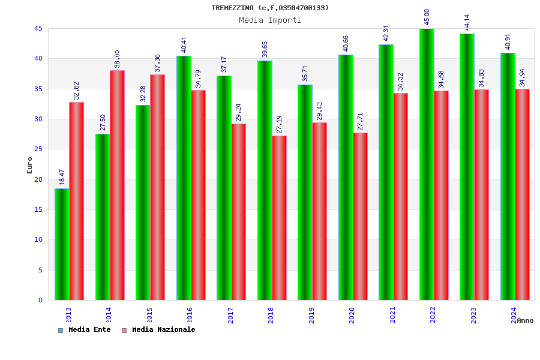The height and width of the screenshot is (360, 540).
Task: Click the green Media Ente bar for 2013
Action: [62, 244]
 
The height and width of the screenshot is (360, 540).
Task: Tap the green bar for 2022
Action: [427, 164]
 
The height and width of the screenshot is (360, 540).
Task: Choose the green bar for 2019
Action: [305, 192]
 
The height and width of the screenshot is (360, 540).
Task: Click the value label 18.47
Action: [62, 176]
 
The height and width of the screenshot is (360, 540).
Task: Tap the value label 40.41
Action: [184, 44]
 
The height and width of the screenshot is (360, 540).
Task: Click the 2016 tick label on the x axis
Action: [190, 315]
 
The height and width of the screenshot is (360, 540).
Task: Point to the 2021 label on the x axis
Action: [392, 315]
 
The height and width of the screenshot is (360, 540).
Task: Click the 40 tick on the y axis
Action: [38, 58]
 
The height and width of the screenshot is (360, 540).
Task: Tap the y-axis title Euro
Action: [29, 165]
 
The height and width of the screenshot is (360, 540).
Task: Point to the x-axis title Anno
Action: [525, 320]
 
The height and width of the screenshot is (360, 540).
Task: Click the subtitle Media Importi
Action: [270, 20]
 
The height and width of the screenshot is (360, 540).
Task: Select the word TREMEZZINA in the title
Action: [233, 8]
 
